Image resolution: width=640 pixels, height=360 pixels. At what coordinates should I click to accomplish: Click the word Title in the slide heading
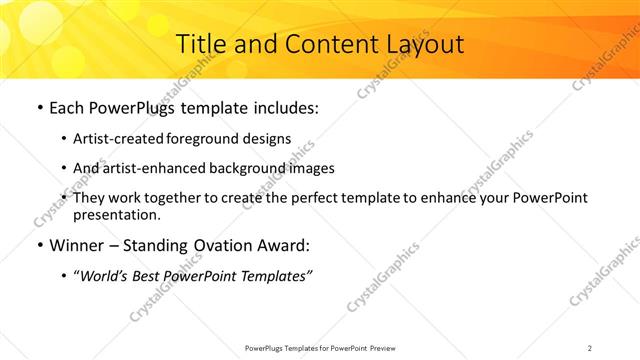click(x=199, y=44)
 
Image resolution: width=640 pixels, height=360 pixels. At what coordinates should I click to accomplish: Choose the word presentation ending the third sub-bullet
click(x=116, y=214)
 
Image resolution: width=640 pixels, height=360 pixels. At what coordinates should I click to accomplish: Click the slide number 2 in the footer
click(x=590, y=347)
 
